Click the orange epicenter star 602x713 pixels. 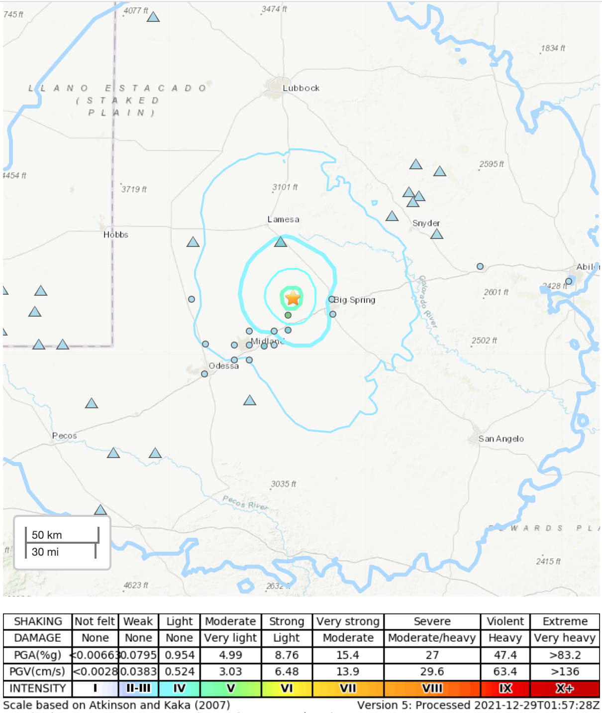tap(293, 298)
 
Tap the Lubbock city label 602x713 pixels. tap(301, 88)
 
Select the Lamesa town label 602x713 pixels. tap(283, 220)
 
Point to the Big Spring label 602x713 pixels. tap(354, 300)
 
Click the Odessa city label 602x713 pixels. tap(223, 366)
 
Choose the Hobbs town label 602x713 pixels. tap(115, 235)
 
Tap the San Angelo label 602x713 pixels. tap(501, 439)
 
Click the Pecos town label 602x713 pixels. tap(64, 436)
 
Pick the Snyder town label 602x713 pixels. tap(426, 223)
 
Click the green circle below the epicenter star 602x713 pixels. tap(288, 315)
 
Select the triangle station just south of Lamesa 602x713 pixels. tap(281, 242)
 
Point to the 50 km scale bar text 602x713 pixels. tap(47, 535)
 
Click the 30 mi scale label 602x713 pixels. tap(45, 552)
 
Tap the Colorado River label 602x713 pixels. tap(427, 302)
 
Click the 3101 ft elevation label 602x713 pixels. tap(285, 187)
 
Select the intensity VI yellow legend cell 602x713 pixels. tap(287, 688)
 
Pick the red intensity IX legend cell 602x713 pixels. tap(505, 688)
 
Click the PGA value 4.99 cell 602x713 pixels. tap(230, 655)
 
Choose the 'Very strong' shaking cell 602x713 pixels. tap(348, 621)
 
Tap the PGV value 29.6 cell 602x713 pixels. tap(432, 672)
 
